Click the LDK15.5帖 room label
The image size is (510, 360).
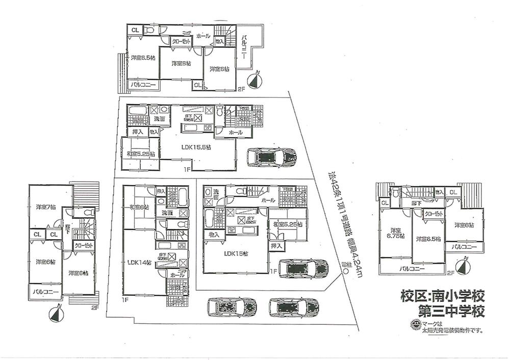click(x=196, y=147)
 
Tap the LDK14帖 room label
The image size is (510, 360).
click(x=139, y=263)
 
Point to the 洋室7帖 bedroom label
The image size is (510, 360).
click(x=45, y=208)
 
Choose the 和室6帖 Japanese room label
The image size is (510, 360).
click(x=139, y=207)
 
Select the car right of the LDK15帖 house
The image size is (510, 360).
click(x=304, y=268)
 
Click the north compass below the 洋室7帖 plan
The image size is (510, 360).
click(x=56, y=313)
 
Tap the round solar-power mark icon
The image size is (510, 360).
click(x=416, y=324)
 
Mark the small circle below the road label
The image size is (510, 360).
click(x=346, y=272)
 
